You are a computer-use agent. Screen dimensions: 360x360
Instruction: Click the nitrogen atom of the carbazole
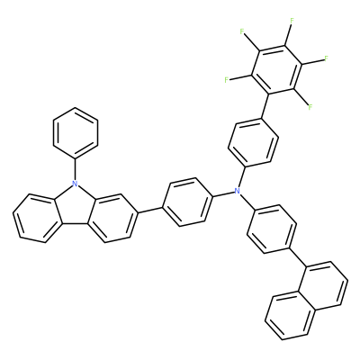(x=75, y=183)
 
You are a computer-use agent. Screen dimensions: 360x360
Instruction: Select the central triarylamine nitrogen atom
(x=238, y=190)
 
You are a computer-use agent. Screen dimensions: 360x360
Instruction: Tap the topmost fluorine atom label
(x=292, y=21)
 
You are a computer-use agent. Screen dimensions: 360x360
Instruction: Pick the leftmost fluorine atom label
(x=227, y=80)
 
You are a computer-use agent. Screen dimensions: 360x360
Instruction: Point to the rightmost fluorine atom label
(x=326, y=58)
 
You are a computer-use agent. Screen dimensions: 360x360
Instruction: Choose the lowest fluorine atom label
(x=310, y=106)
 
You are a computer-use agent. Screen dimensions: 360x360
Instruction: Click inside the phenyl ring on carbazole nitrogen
(x=76, y=133)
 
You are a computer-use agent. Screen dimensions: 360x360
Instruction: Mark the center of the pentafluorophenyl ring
(x=276, y=67)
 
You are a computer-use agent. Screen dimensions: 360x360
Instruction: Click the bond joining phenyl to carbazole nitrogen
(x=76, y=169)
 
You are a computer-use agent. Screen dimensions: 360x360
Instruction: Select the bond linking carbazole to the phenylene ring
(x=150, y=210)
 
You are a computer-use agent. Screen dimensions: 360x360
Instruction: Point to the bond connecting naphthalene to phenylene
(x=298, y=257)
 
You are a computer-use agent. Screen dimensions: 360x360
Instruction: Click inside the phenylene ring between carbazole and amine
(x=188, y=202)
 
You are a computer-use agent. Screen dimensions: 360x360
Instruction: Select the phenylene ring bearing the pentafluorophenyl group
(x=253, y=143)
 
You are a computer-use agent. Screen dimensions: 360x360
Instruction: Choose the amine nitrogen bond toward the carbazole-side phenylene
(x=224, y=193)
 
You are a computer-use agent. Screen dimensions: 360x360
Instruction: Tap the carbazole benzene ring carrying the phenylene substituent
(x=112, y=218)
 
